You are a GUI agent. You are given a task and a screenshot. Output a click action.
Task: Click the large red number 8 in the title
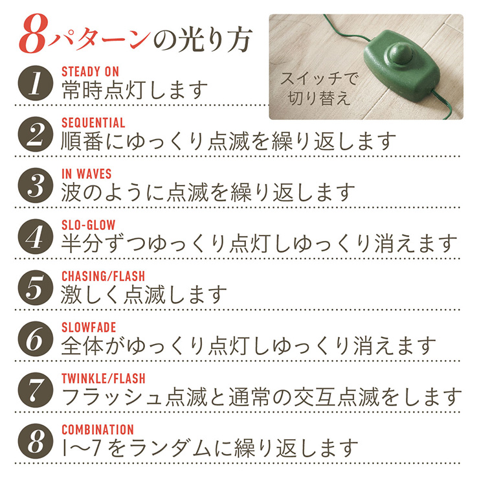pos(33,34)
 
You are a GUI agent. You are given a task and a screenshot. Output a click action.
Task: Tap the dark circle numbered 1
pos(36,83)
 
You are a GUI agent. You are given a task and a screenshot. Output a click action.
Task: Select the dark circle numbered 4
pos(36,236)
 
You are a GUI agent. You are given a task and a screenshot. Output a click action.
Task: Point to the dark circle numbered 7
pos(36,390)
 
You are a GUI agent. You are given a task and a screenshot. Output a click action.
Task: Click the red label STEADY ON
pos(90,72)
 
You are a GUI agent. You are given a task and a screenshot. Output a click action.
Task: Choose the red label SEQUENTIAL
pos(93,123)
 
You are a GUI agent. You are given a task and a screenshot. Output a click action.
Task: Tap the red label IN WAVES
pos(86,174)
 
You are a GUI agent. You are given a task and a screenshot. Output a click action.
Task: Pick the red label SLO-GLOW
pos(89,225)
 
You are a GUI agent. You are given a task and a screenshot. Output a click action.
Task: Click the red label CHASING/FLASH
pos(103,277)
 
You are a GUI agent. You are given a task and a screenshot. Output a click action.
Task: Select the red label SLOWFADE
pos(89,328)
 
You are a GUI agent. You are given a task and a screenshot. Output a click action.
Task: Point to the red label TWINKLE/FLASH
pos(104,379)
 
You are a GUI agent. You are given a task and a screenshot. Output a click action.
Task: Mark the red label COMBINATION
pos(98,429)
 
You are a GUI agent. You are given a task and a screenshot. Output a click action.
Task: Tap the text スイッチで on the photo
pos(318,78)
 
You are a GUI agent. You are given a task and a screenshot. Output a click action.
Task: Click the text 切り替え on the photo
pos(319,98)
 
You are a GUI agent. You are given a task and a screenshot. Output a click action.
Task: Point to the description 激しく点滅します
pos(144,295)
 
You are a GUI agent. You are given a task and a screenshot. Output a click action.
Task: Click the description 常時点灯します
pos(134,90)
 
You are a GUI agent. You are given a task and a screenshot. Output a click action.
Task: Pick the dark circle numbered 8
pos(36,441)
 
